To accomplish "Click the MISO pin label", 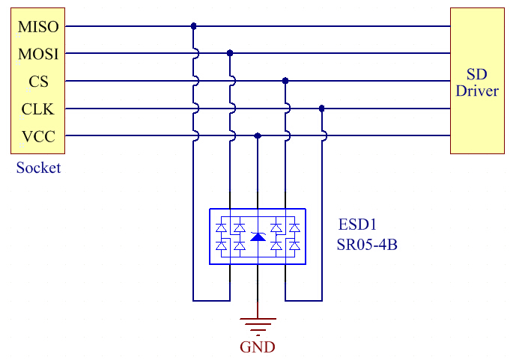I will [37, 26].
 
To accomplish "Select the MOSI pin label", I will [37, 54].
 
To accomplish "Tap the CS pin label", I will [37, 82].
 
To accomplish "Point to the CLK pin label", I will [37, 109].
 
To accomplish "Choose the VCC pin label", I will [37, 137].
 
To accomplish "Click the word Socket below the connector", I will [38, 168].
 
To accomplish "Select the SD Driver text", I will [482, 82].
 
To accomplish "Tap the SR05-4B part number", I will [367, 243].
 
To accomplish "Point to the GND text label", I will [257, 347].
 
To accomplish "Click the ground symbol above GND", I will [258, 324].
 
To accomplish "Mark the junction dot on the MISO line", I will [193, 26].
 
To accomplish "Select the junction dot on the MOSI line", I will [230, 53].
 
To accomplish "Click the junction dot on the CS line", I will [285, 81].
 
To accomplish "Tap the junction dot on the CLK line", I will [322, 109].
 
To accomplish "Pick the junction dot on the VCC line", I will [258, 136].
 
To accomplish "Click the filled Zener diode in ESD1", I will [258, 237].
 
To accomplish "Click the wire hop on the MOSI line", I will [195, 53].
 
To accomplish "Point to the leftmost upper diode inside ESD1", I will [222, 227].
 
